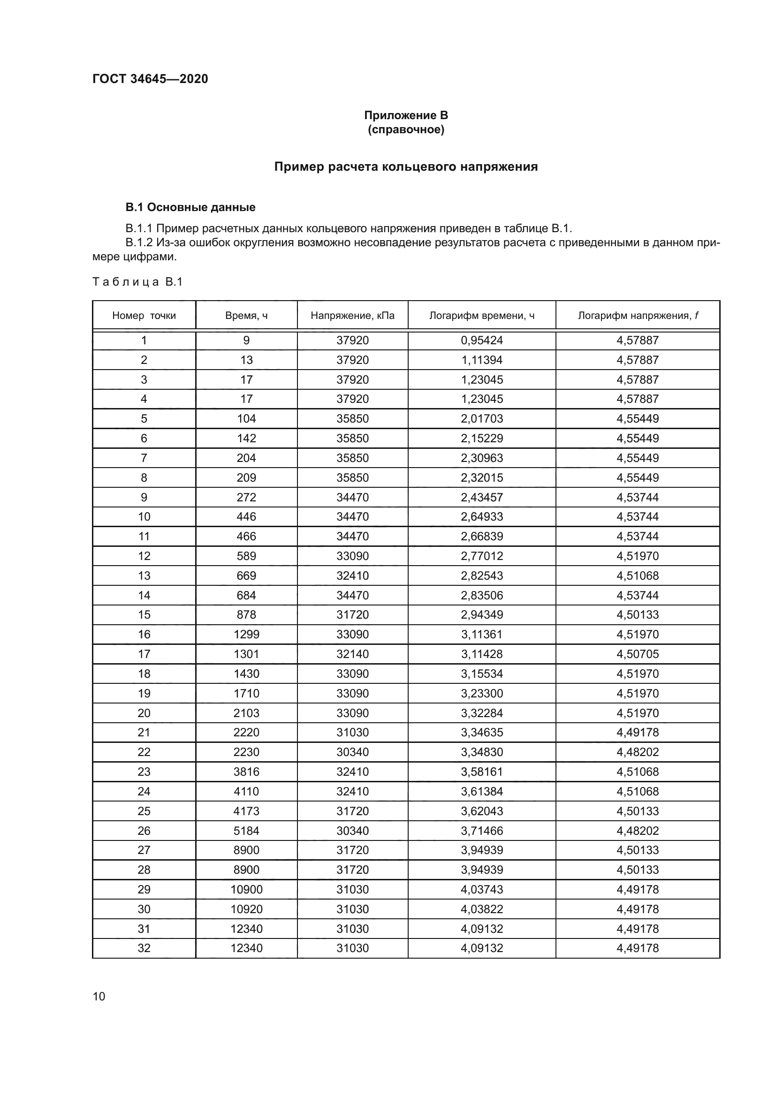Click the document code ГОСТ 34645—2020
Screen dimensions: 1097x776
(150, 79)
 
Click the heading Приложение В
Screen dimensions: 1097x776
(406, 115)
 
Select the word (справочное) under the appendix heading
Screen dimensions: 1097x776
(406, 130)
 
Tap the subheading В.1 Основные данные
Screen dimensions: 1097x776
(190, 207)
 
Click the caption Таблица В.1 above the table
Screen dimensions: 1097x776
(137, 282)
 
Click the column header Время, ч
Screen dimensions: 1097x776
(246, 315)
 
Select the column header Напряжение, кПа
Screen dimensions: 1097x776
(352, 315)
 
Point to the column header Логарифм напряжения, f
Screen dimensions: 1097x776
(638, 315)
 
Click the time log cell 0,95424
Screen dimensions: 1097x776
(482, 340)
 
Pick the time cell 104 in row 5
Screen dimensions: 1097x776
(246, 419)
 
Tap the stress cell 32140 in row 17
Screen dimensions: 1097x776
(352, 654)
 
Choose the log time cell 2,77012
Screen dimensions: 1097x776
(482, 556)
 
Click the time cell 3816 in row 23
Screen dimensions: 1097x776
(246, 772)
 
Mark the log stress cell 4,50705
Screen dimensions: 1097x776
(638, 654)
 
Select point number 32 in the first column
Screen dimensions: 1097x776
(144, 948)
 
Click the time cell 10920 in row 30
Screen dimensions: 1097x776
(246, 909)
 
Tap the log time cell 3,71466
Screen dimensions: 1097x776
(482, 831)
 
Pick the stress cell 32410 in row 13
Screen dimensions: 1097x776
(352, 576)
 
